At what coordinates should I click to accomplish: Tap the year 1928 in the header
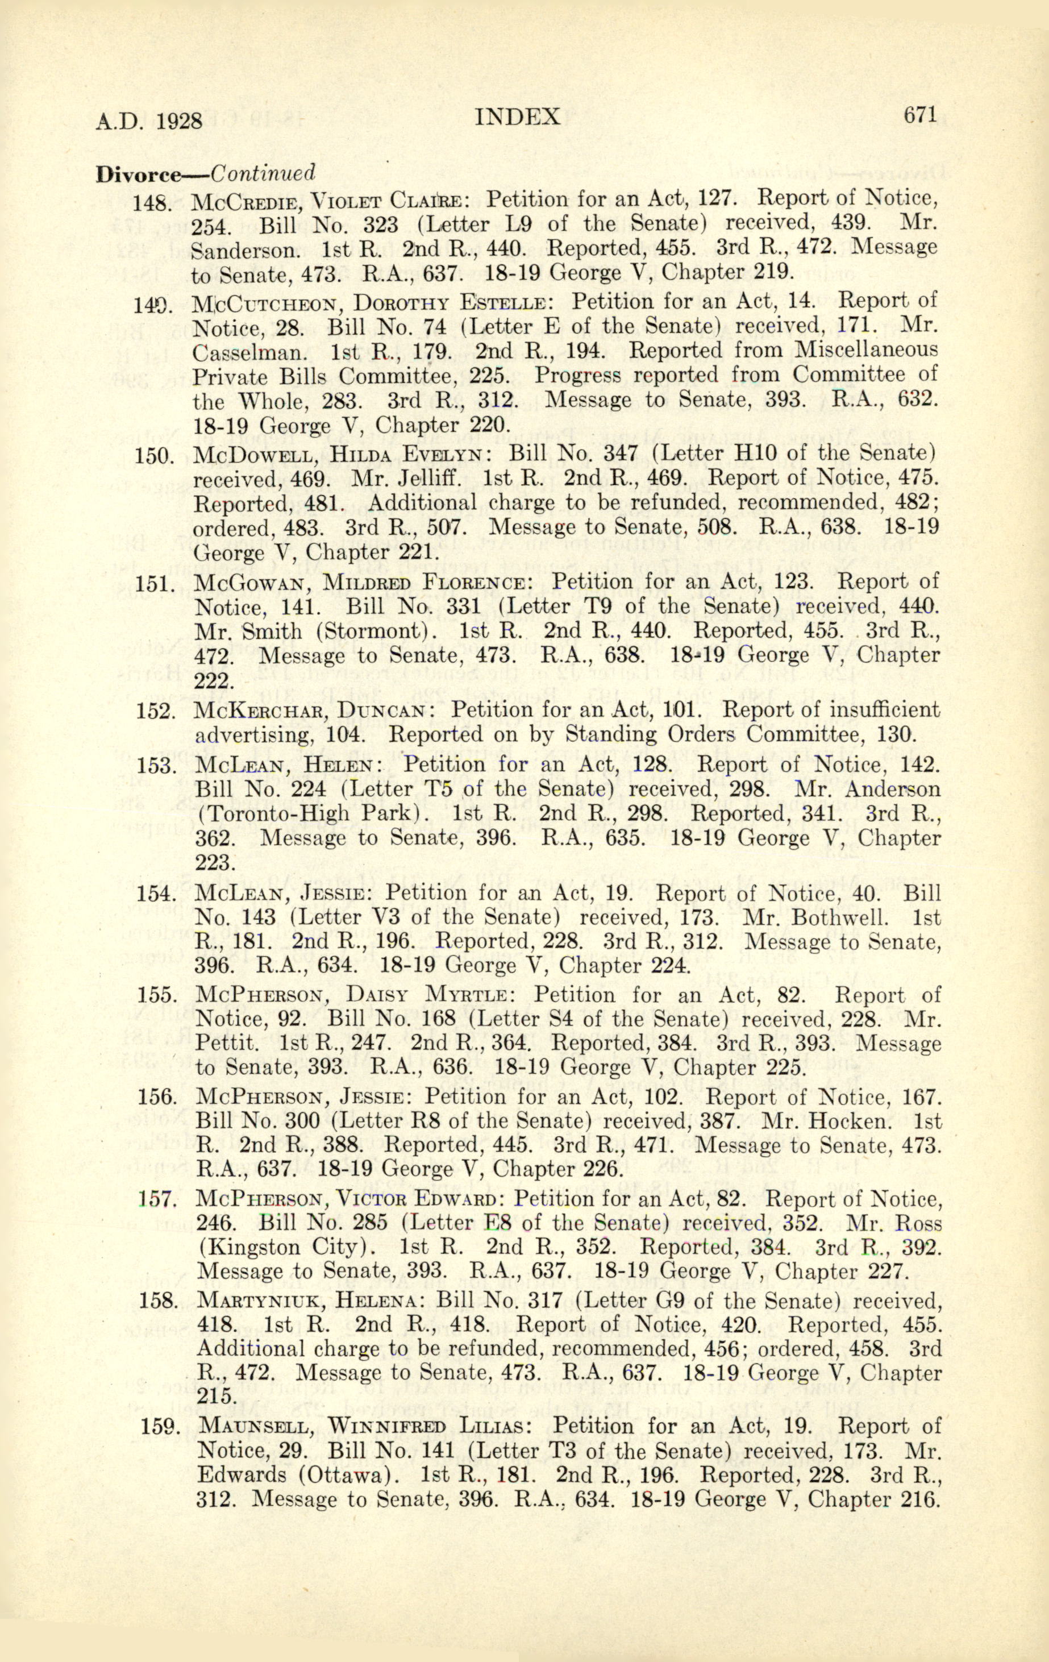click(x=179, y=122)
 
